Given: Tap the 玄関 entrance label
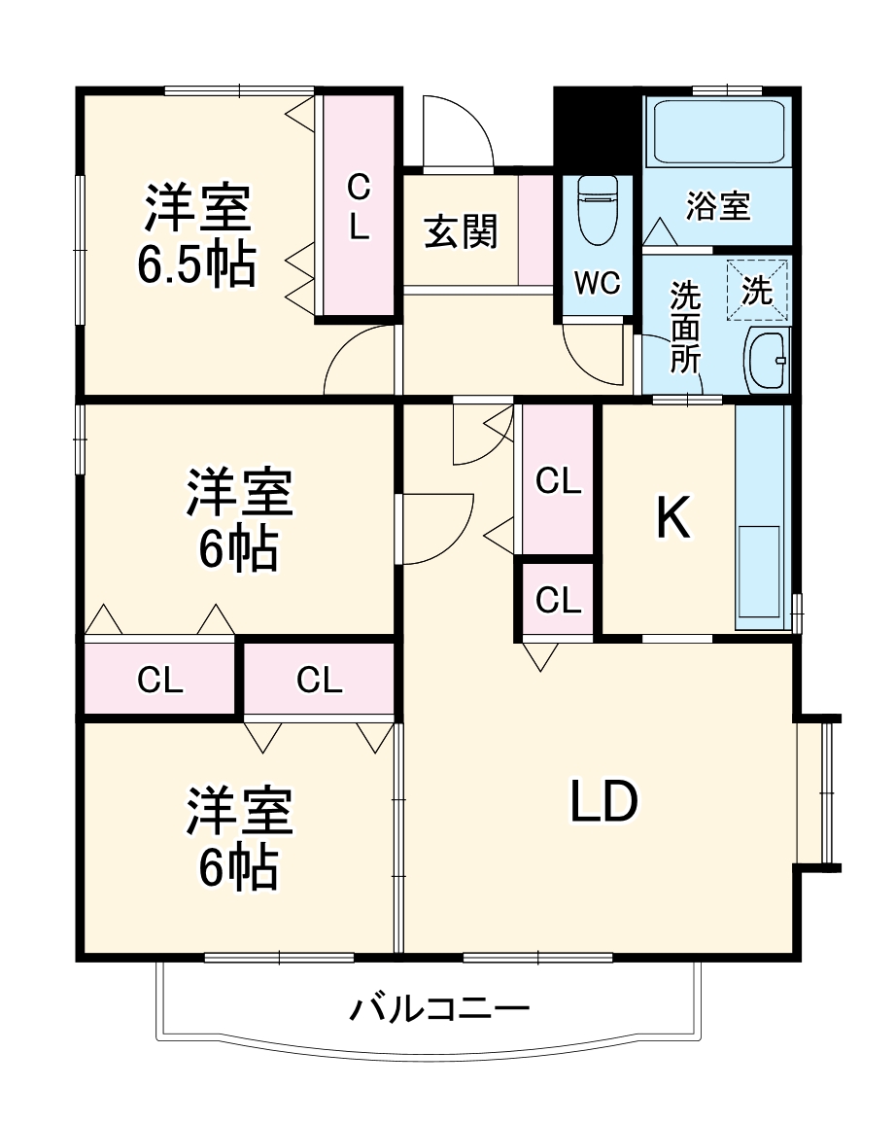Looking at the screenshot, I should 461,231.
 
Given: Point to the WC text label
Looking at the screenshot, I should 597,283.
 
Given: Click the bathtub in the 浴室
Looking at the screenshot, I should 718,131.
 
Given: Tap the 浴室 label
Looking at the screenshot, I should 718,206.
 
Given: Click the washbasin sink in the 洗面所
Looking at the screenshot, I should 769,361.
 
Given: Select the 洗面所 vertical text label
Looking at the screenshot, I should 686,327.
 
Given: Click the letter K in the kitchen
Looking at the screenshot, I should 672,516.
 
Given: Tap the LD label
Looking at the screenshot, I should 602,802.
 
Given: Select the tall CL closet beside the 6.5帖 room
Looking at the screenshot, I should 359,205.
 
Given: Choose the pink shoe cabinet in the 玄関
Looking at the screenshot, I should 534,231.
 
